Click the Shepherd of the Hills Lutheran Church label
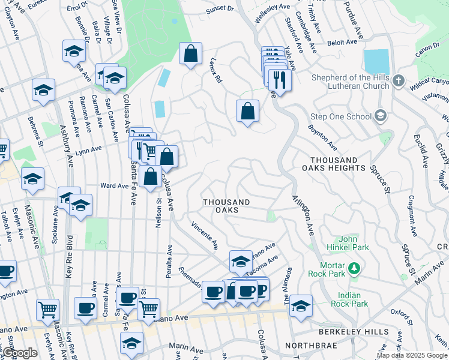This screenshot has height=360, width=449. pos(350,81)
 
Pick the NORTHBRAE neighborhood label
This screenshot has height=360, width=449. pos(308,346)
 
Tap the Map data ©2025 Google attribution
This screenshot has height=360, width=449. pos(412,355)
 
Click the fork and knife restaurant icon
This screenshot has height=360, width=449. pos(280,79)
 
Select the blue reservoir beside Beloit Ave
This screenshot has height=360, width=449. pos(376,61)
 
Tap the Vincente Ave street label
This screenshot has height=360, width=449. pos(205,236)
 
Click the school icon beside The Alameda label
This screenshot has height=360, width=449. pos(301,306)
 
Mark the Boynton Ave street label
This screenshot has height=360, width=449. pos(322,137)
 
